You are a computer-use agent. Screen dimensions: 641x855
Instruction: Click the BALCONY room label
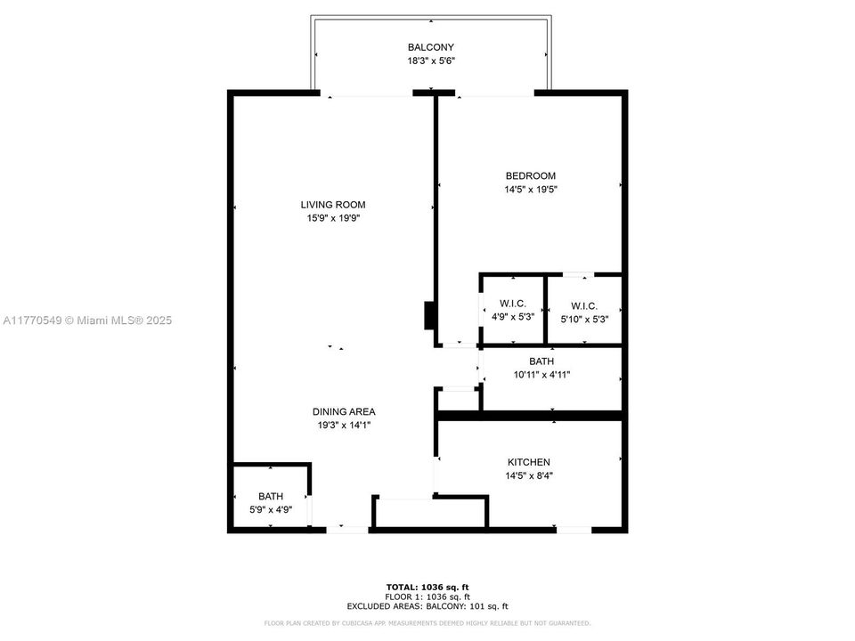coord(431,47)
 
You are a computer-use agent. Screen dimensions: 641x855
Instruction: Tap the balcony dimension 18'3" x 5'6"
coord(431,61)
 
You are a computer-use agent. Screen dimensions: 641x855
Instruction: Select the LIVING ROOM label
coord(333,205)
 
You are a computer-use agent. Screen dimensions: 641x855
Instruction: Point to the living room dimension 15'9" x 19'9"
coord(333,218)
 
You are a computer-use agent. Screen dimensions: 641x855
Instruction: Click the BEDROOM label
coord(530,176)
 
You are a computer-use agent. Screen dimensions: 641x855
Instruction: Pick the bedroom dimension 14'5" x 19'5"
coord(530,190)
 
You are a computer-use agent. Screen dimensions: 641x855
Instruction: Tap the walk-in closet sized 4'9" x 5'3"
coord(512,311)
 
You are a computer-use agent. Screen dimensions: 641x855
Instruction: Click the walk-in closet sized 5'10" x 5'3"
coord(584,311)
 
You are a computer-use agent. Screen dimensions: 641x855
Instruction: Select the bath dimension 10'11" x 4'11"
coord(541,375)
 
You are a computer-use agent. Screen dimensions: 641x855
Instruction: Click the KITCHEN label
coord(529,462)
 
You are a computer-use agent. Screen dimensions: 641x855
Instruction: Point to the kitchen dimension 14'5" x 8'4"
coord(529,475)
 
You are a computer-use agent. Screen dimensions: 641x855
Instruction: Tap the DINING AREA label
coord(344,411)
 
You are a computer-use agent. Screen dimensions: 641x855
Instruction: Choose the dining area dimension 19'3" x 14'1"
coord(344,426)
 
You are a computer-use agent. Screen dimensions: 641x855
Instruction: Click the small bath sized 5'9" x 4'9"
coord(272,503)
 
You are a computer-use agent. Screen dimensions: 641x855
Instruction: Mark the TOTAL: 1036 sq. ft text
coord(427,587)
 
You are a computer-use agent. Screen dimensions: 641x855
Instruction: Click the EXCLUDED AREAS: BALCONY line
coord(427,605)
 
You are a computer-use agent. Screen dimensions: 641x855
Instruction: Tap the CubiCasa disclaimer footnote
coord(427,623)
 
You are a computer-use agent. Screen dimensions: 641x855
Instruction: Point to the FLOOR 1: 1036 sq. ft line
coord(427,596)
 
